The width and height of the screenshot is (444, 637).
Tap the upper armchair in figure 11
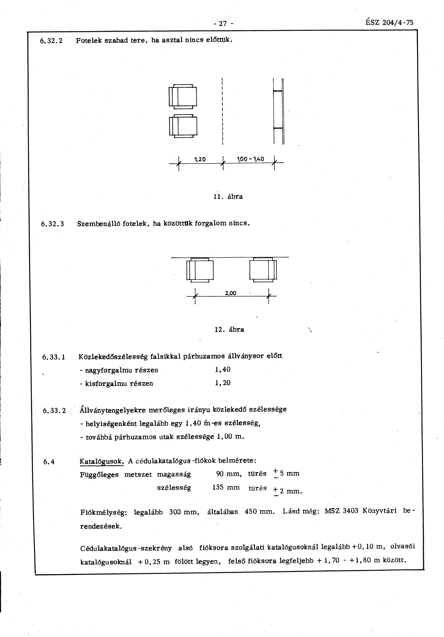tap(183, 97)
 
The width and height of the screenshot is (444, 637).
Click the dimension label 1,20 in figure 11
tap(200, 159)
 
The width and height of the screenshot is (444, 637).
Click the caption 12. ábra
tap(229, 330)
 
